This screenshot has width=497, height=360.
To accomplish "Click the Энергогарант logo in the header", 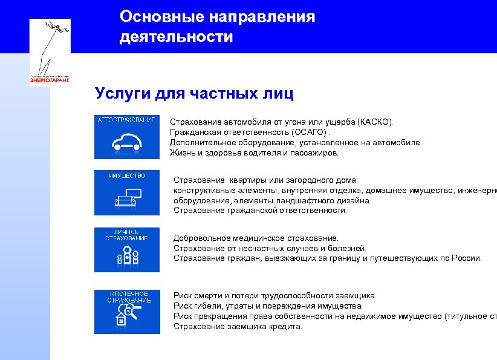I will tap(50, 52).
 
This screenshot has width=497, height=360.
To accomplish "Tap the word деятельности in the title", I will tap(176, 37).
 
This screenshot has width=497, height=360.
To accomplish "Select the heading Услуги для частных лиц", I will tap(194, 94).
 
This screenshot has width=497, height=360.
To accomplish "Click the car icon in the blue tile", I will tap(127, 142).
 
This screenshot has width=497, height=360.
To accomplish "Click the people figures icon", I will tap(127, 257).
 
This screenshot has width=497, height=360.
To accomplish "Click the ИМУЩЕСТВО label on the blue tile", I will tap(127, 175).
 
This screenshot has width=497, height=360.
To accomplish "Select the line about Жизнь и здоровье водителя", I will tap(254, 152).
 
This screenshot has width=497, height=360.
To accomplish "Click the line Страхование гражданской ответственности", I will tap(260, 211).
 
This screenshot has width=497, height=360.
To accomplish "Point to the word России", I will tap(466, 258).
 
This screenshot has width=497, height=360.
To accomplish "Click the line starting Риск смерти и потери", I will tap(274, 296).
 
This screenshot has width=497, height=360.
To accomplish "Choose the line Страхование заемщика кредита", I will tap(237, 327).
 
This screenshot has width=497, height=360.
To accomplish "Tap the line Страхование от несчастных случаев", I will tap(270, 248).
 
